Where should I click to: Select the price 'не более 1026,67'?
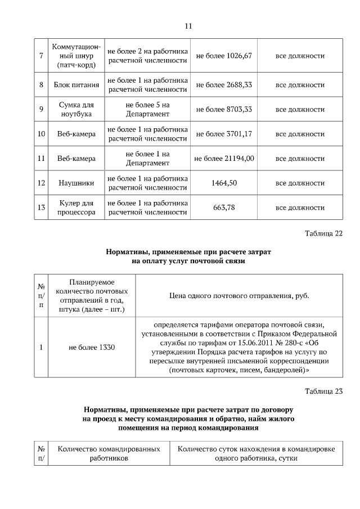223,56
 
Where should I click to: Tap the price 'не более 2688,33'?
223,85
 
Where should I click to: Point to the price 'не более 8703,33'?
223,109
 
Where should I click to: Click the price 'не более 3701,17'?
223,134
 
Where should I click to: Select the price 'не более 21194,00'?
223,159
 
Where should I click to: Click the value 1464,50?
224,183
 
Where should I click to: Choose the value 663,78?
224,208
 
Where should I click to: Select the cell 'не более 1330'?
92,348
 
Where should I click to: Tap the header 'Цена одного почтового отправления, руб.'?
239,296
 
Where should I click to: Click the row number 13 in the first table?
41,208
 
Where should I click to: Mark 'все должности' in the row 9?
299,109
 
